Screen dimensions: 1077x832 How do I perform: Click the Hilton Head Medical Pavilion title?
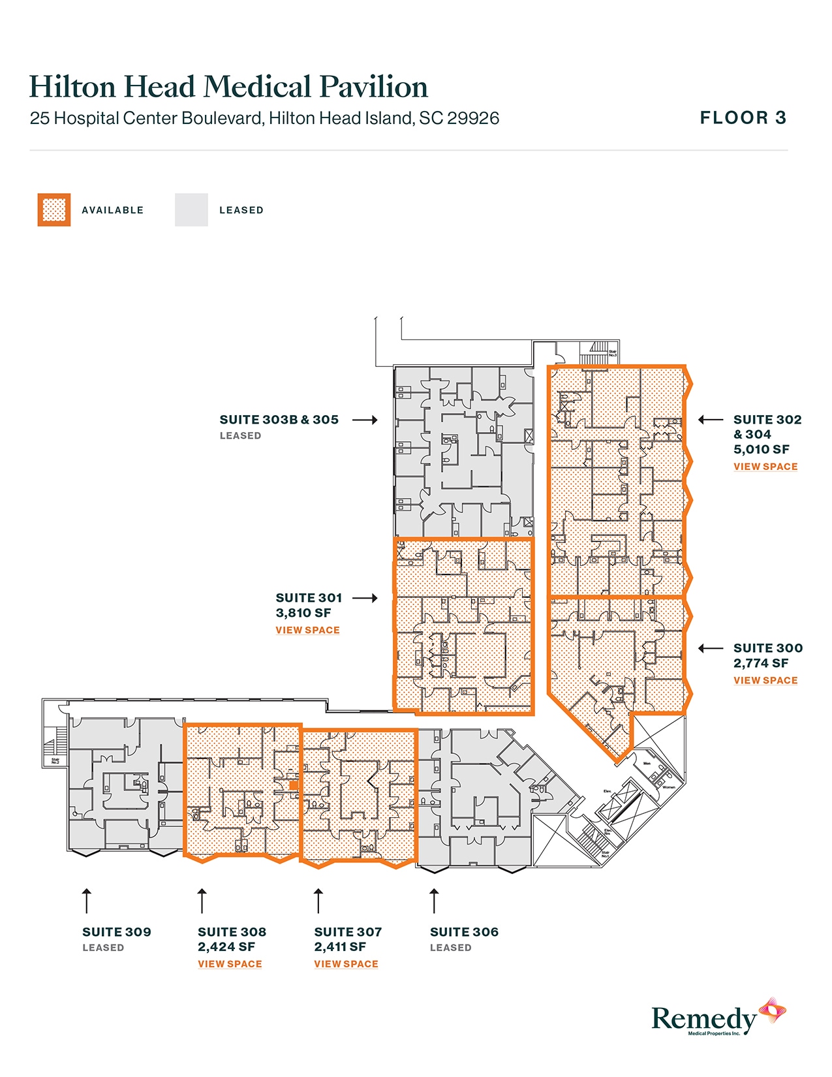228,87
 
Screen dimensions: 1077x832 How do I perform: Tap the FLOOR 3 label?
743,118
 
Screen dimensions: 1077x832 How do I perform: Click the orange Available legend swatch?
54,210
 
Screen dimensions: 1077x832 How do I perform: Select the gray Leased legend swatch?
191,210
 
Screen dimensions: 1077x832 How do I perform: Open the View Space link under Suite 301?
307,631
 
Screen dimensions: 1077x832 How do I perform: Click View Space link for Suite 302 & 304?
765,467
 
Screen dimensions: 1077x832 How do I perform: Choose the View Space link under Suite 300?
765,680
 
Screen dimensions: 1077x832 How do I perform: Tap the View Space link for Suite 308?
230,964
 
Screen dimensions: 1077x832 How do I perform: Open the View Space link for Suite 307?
346,964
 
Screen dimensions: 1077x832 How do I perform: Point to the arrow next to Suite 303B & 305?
365,420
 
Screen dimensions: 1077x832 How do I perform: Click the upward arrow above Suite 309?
86,901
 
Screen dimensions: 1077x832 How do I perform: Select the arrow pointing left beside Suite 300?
711,648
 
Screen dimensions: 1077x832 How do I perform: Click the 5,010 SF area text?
761,449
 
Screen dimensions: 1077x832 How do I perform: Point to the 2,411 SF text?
340,947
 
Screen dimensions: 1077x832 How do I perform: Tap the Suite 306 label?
464,932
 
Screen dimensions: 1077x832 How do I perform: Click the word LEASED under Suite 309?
103,948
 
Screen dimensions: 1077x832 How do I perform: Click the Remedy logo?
718,1017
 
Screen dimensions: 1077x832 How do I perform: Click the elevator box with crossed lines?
617,801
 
